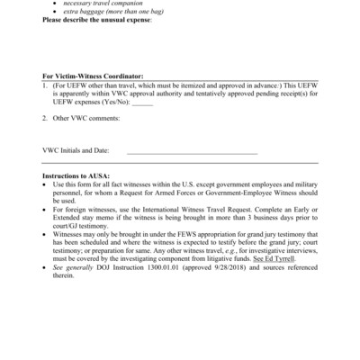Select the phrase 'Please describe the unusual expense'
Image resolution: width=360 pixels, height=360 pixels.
[96, 19]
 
